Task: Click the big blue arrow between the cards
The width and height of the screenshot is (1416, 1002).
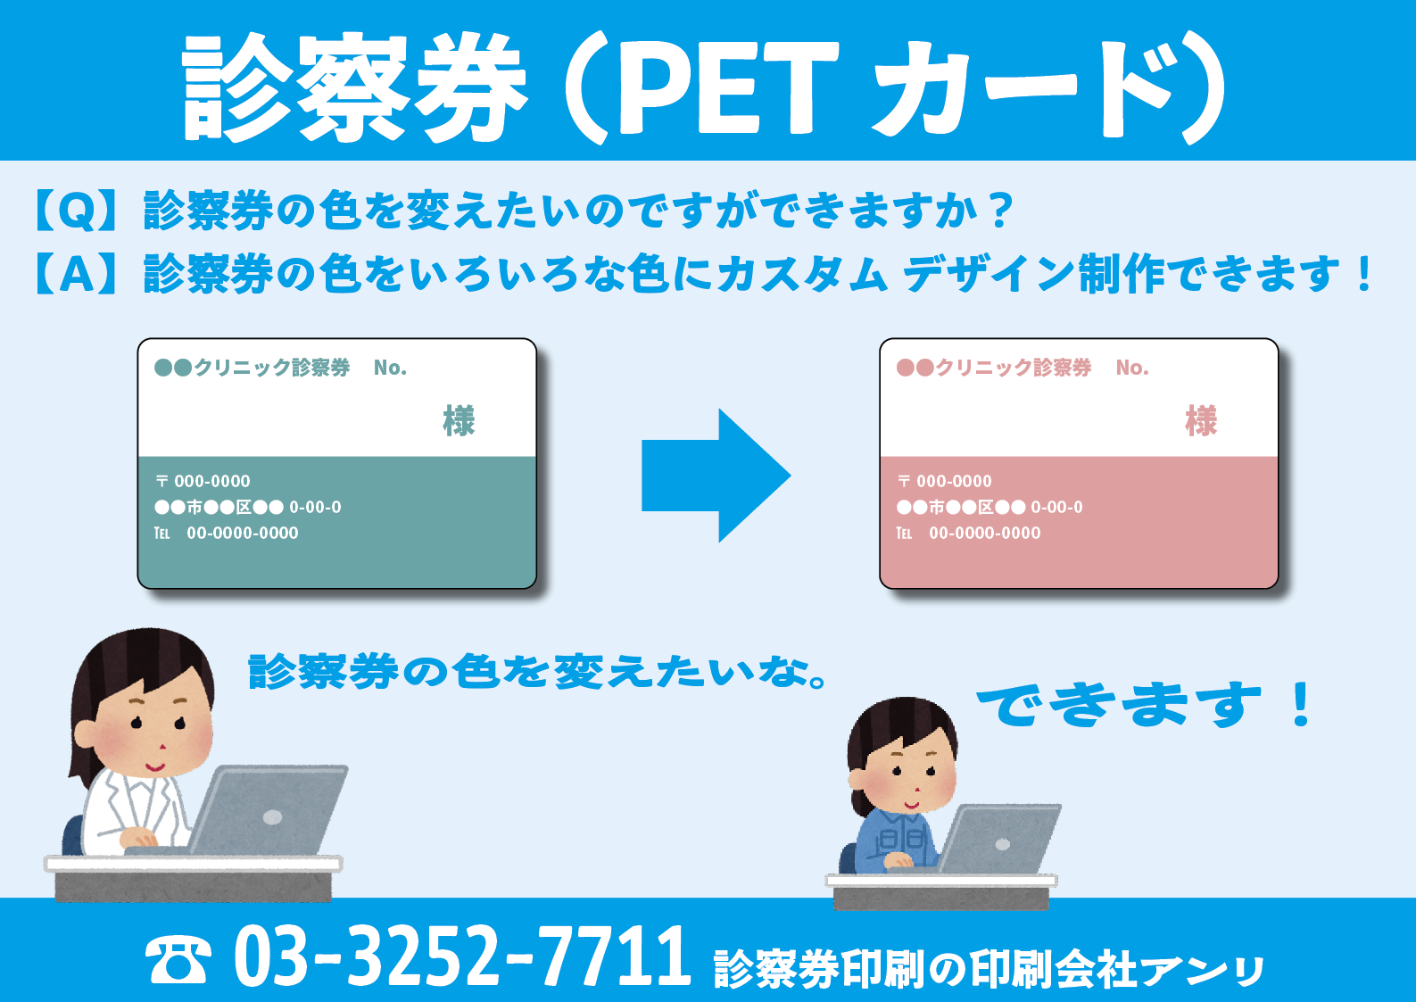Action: point(716,476)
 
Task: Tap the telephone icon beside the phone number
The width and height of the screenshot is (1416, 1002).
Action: point(178,959)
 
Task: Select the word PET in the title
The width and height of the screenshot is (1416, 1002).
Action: point(728,87)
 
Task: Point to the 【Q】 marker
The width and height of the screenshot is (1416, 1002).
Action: point(75,210)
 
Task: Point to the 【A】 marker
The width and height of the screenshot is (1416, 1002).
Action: point(76,273)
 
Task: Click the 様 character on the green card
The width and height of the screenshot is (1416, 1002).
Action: point(459,421)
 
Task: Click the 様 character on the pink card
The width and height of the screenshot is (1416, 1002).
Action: point(1200,421)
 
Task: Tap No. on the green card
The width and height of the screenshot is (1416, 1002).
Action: point(390,368)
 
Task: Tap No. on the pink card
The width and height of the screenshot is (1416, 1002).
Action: point(1132,368)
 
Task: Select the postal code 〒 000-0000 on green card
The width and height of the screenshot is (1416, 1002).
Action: point(203,481)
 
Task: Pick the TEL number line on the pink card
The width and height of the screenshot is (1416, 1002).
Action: point(968,533)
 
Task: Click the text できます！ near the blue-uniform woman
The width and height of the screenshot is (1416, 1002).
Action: point(1145,704)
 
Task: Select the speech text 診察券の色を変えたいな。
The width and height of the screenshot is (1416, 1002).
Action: point(537,671)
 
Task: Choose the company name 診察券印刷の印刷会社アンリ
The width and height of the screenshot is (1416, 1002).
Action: point(990,968)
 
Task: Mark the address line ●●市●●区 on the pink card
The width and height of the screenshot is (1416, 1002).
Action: point(990,507)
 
